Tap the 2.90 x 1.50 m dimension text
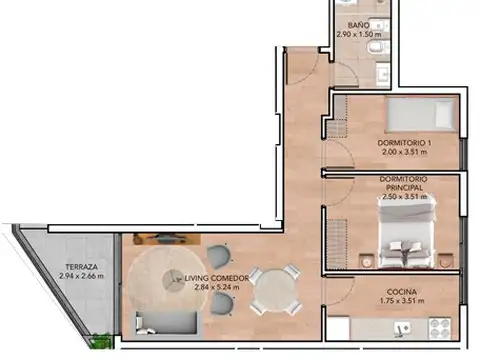[360, 35]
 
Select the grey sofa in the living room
[166, 322]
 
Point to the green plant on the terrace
[98, 342]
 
